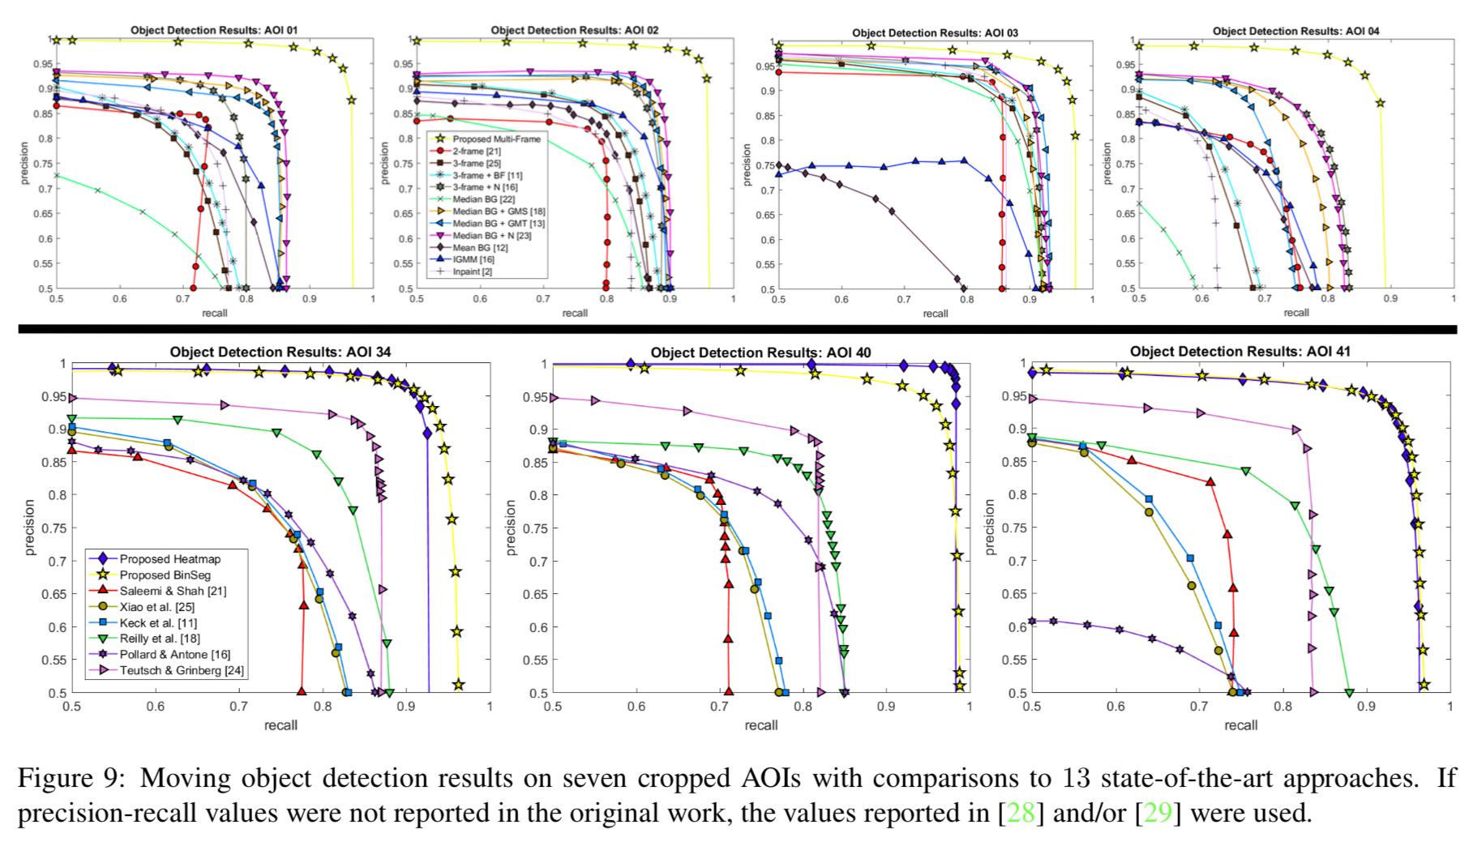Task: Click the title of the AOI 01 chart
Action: pos(214,30)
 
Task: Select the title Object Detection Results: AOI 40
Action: pos(760,352)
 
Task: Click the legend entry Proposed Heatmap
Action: pos(169,559)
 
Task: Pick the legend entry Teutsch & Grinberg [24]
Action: pos(181,670)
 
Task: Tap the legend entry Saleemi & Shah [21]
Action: pos(173,591)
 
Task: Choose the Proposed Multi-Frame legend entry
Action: pos(496,139)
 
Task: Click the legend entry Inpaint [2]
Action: pos(472,271)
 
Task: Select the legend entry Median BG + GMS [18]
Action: pos(499,211)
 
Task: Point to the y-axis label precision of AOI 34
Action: pos(30,527)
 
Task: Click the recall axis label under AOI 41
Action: pos(1240,725)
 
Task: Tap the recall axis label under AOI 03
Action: pos(935,314)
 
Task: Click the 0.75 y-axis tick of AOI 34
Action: pos(54,528)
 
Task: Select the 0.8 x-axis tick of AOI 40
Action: pos(803,707)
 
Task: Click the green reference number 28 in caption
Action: pos(1021,813)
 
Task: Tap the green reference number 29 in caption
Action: pos(1158,813)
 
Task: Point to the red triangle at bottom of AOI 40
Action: pos(728,692)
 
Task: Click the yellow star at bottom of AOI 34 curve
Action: pos(458,685)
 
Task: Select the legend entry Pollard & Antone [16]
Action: pos(174,654)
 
